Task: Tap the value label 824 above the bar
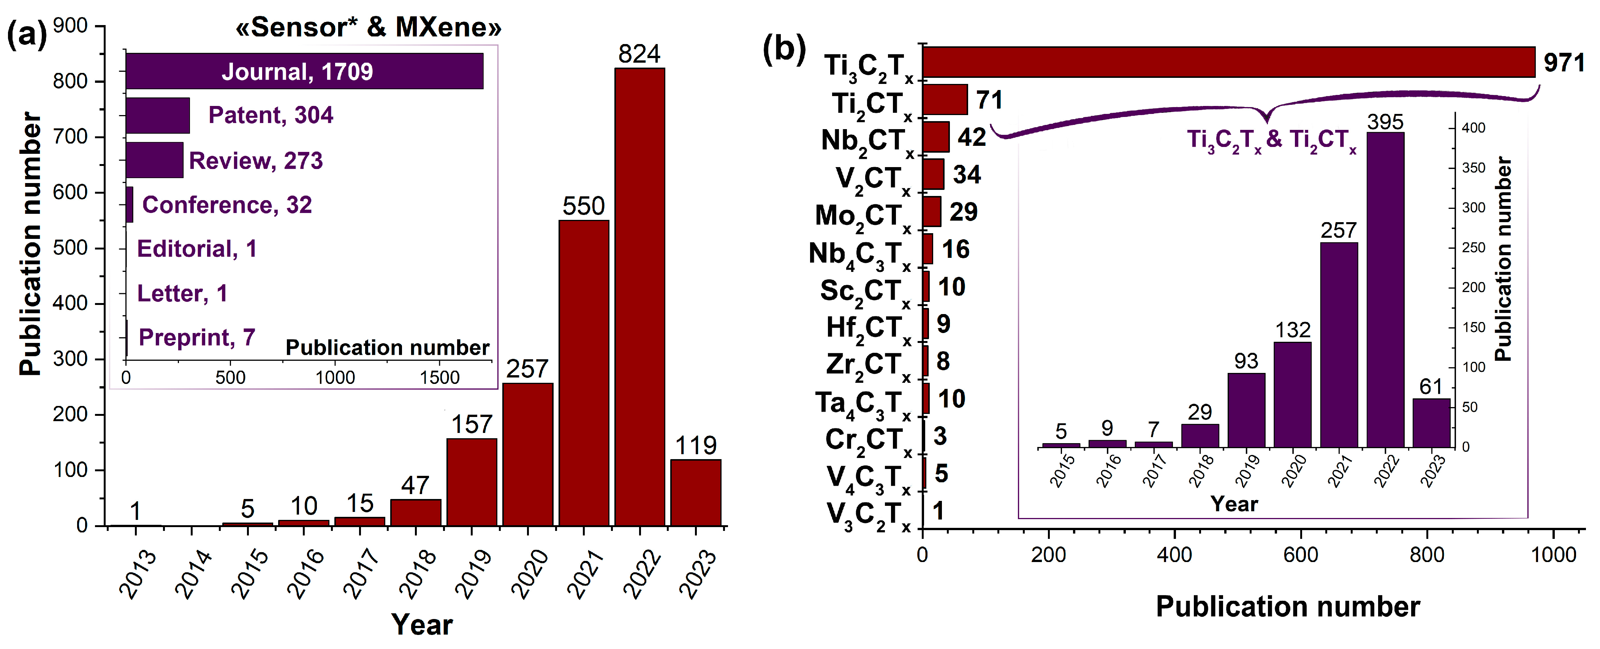point(639,54)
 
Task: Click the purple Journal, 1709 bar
point(304,71)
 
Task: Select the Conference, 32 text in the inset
point(227,205)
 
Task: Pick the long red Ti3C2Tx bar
point(1228,62)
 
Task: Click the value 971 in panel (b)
point(1564,63)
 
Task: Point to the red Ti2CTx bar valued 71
point(945,99)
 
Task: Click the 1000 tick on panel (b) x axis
point(1553,554)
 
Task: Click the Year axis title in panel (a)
point(422,624)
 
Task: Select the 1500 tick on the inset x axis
point(439,377)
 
